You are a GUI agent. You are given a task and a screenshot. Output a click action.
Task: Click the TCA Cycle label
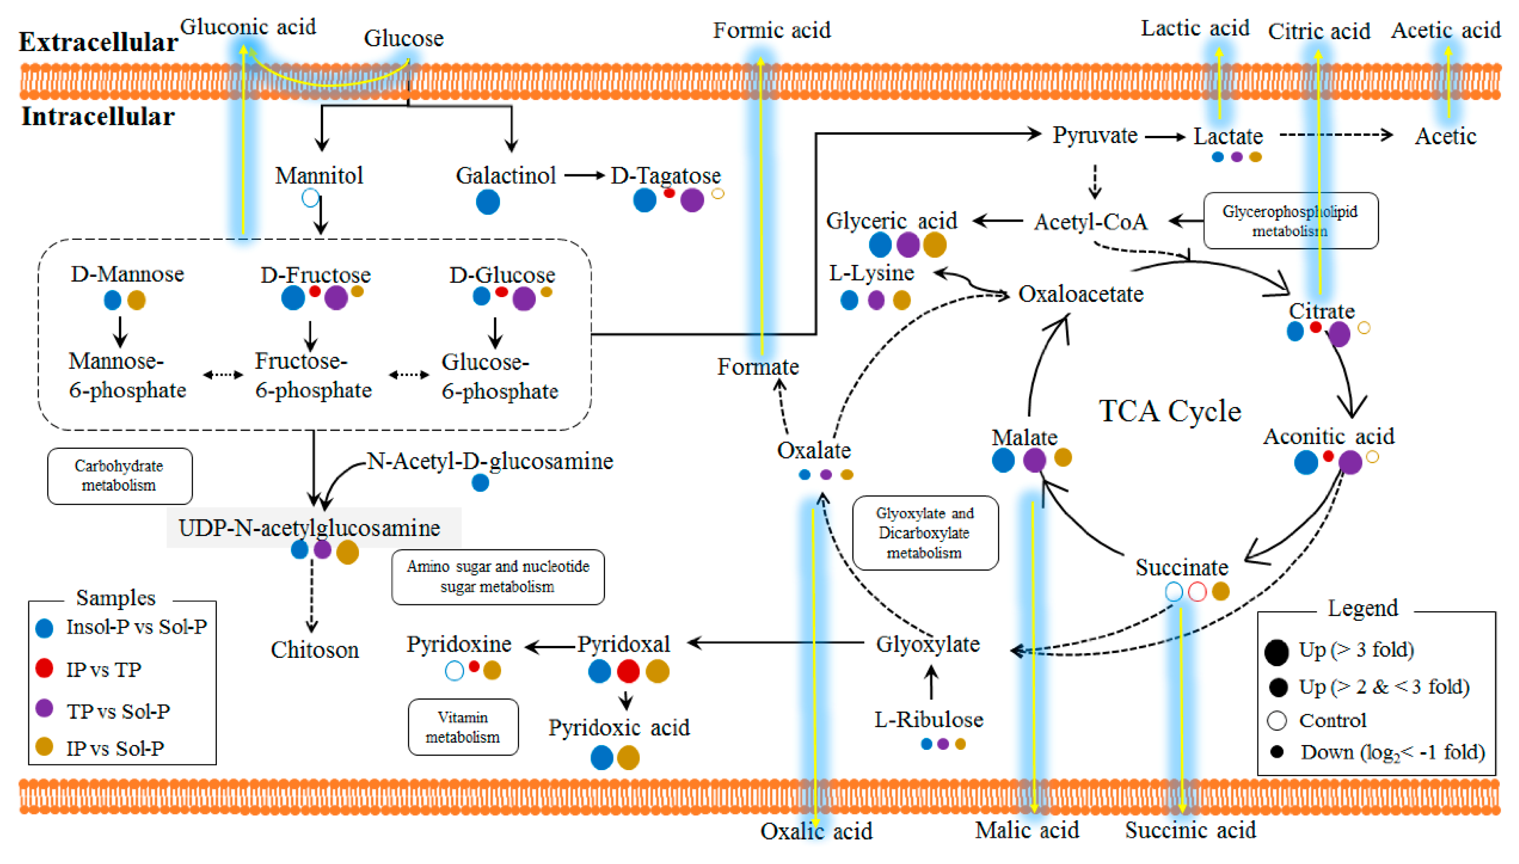coord(1169,411)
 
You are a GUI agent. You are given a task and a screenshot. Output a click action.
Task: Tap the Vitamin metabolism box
coord(463,727)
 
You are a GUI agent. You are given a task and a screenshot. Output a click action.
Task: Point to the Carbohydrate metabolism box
coord(119,476)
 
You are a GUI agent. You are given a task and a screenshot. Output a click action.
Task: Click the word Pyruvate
coord(1095,135)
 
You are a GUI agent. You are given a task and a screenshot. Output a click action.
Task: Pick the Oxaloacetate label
coord(1080,294)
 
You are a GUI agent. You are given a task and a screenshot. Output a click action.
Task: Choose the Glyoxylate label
coord(928,644)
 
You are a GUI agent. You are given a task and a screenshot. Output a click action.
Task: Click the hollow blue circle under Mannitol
coord(310,197)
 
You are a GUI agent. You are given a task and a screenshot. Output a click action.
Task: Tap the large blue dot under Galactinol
coord(488,202)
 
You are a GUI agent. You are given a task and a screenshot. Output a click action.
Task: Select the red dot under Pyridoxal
coord(628,671)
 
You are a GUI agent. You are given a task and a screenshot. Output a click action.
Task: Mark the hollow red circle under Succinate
coord(1197,591)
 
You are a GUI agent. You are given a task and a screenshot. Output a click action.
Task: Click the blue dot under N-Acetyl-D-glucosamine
coord(480,483)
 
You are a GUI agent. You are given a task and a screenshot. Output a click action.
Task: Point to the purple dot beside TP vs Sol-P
coord(44,708)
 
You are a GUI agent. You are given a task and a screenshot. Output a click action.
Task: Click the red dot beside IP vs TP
coord(44,668)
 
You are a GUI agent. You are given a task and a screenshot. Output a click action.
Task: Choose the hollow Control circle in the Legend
coord(1276,720)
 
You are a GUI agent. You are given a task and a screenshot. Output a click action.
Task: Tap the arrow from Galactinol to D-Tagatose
coord(584,176)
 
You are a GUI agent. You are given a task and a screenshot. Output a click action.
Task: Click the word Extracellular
coord(98,42)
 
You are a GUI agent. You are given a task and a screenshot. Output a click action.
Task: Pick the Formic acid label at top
coord(771,30)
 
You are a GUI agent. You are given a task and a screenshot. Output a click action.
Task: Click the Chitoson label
coord(315,650)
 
